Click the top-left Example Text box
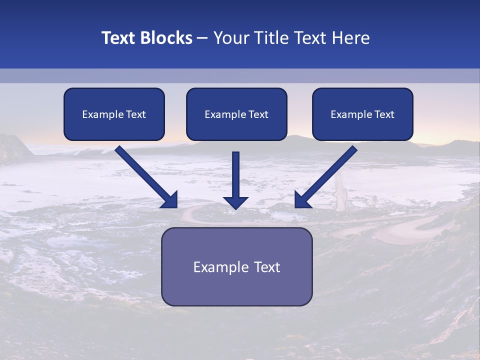tap(114, 114)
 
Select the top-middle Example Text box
tap(236, 114)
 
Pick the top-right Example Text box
tap(362, 114)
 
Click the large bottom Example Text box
tap(236, 266)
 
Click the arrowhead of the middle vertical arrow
tap(236, 202)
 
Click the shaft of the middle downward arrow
tap(236, 172)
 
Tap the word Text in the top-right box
tap(384, 114)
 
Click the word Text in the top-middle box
tap(258, 114)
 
